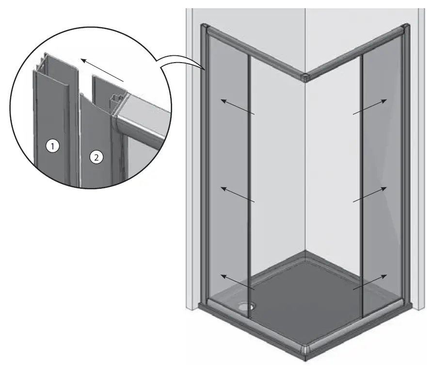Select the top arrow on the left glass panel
238,107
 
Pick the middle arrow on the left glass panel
238,194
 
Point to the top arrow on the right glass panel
370,107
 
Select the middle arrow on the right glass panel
370,194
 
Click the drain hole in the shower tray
248,306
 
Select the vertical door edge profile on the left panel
249,184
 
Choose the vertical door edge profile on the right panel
362,184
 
